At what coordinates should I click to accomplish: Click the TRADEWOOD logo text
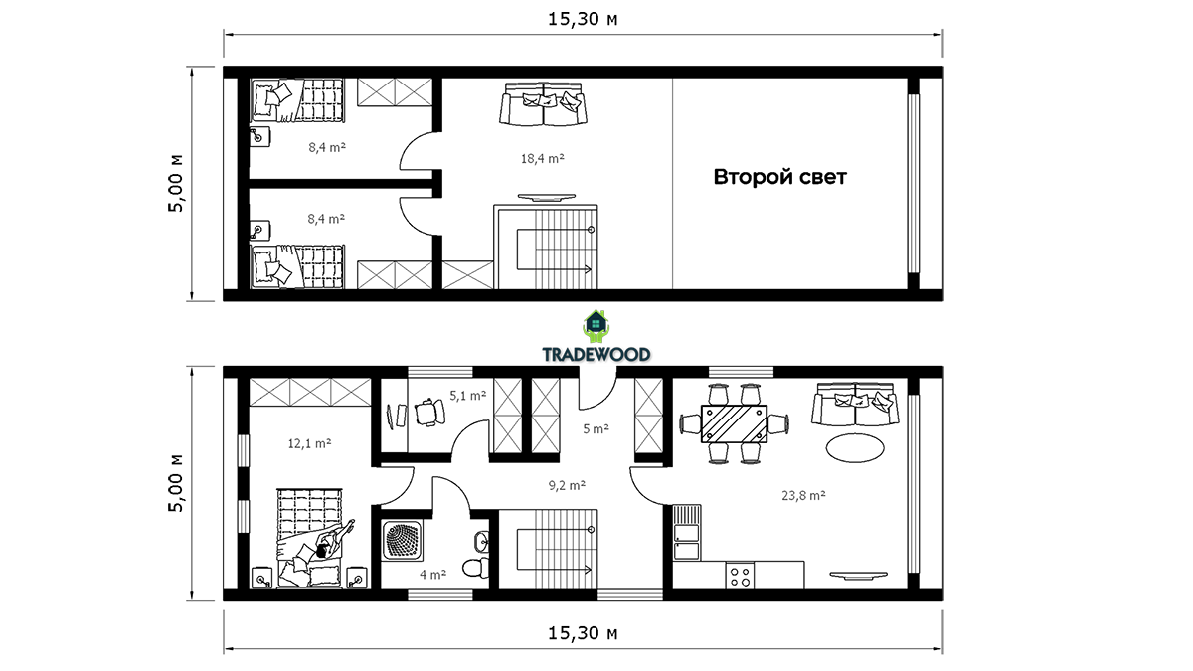tap(596, 354)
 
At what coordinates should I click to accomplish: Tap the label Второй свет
tap(779, 177)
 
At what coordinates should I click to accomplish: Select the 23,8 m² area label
tap(803, 495)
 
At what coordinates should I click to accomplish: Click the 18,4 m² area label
tap(542, 158)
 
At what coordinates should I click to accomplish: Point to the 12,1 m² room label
tap(309, 443)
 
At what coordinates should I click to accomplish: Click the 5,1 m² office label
tap(467, 396)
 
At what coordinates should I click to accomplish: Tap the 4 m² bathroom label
tap(432, 575)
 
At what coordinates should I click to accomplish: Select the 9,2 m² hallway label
tap(567, 485)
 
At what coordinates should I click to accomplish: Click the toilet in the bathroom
tap(475, 568)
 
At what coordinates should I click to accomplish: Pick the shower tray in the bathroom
tap(402, 541)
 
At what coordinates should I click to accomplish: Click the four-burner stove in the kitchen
tap(740, 576)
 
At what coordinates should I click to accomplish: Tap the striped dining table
tap(734, 423)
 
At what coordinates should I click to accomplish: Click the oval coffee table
tap(855, 448)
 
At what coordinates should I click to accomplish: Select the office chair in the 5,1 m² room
tap(428, 413)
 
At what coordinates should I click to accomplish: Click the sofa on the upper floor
tap(543, 103)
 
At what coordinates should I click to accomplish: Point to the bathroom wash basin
tap(481, 542)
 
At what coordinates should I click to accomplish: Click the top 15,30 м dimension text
tap(583, 19)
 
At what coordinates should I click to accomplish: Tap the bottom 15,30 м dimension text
tap(583, 633)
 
